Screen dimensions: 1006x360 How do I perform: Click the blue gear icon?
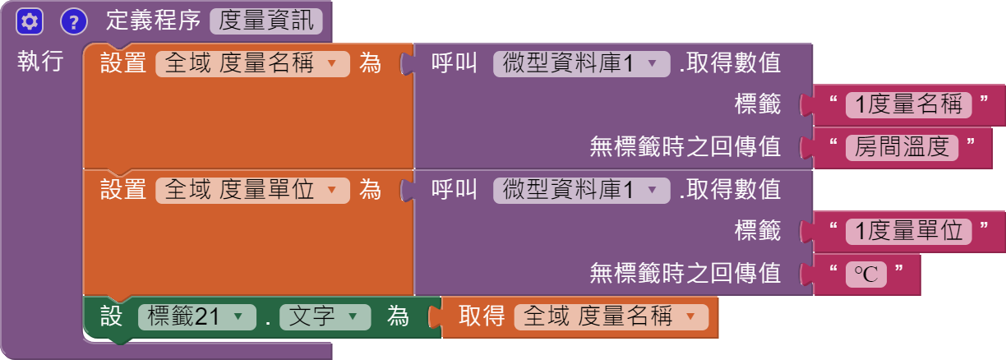click(x=29, y=21)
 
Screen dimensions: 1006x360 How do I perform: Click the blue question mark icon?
click(x=74, y=21)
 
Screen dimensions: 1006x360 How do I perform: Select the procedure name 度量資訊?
click(x=266, y=21)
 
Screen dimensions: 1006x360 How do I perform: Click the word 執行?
click(x=40, y=62)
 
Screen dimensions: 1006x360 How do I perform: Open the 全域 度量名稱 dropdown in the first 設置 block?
click(x=332, y=64)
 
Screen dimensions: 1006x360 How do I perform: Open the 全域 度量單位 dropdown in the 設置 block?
click(x=332, y=191)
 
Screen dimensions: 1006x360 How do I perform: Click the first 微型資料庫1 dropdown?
click(x=653, y=64)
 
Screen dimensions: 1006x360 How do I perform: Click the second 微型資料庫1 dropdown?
click(x=653, y=191)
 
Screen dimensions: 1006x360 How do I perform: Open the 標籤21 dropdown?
click(x=238, y=316)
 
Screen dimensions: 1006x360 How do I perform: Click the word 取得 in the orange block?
click(x=481, y=316)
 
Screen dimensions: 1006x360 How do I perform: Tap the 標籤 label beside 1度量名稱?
click(x=757, y=104)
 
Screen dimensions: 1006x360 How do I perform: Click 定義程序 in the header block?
click(x=154, y=21)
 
